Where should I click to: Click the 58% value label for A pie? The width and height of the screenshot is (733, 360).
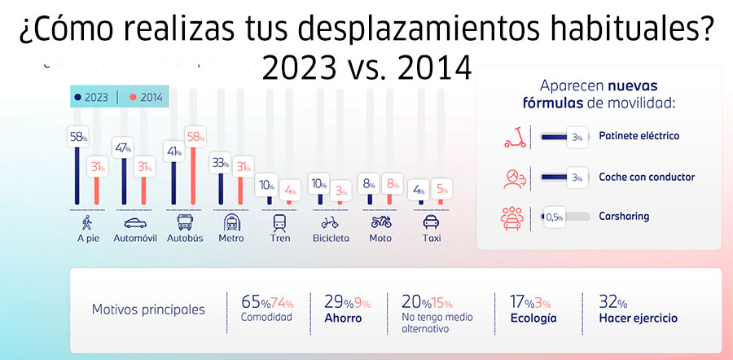[x=78, y=137]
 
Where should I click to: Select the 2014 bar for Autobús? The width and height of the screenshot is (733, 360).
[x=193, y=171]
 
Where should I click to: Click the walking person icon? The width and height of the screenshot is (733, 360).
[x=86, y=222]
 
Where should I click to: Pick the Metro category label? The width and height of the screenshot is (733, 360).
[x=231, y=239]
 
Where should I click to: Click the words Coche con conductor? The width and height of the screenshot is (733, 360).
[x=646, y=176]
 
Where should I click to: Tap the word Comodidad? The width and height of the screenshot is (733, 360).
[x=266, y=318]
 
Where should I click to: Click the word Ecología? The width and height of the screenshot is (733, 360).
[x=533, y=318]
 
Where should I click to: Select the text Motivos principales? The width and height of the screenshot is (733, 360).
[x=148, y=310]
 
